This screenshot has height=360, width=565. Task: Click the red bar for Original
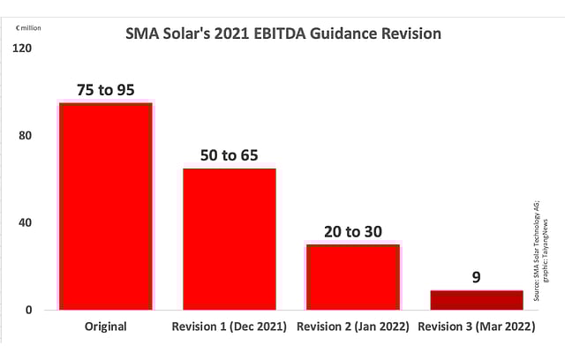point(105,206)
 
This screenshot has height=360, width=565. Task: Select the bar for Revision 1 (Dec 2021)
point(230,238)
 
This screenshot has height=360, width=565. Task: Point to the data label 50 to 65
point(230,155)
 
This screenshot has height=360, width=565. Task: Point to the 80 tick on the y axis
point(25,136)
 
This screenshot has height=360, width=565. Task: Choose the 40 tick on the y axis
point(25,222)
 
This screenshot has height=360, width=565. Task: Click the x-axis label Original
point(105,326)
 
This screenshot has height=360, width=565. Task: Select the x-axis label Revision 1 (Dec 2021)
point(230,326)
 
